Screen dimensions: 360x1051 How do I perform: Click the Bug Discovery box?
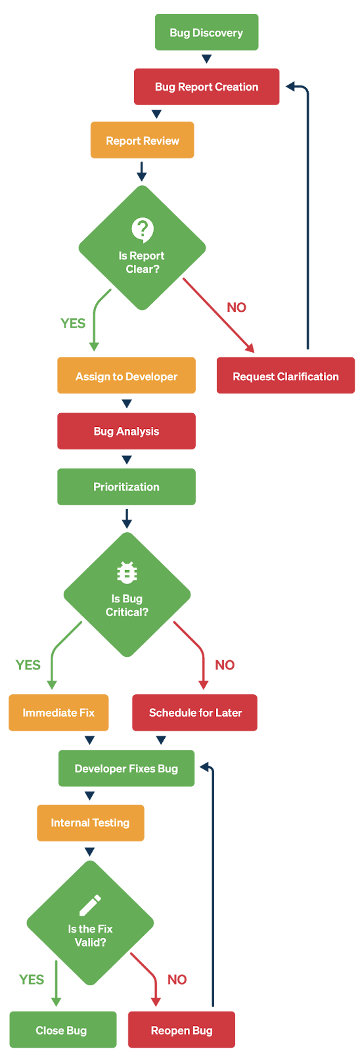(206, 32)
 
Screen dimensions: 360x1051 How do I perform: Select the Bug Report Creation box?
(206, 87)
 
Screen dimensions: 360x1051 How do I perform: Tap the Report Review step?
(142, 141)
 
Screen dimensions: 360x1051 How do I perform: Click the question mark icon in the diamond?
(143, 230)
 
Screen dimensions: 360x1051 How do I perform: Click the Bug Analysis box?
(126, 431)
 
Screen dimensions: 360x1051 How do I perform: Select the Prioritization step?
(126, 487)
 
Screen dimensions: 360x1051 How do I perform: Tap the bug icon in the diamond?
(127, 572)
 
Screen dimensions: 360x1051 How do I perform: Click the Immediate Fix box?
(58, 713)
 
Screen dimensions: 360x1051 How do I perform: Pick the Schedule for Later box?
(195, 713)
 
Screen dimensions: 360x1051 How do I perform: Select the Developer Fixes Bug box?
(126, 768)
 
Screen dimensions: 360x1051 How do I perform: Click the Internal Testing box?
(91, 823)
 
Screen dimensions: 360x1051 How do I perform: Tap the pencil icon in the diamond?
(90, 905)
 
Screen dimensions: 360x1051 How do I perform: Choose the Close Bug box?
(63, 1030)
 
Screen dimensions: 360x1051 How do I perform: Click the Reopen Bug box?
(182, 1030)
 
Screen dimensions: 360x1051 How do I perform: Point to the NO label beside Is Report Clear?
(236, 308)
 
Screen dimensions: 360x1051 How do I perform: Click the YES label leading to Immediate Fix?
(28, 665)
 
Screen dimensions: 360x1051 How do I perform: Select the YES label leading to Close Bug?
(32, 979)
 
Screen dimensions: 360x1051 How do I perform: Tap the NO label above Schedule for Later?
(225, 665)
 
